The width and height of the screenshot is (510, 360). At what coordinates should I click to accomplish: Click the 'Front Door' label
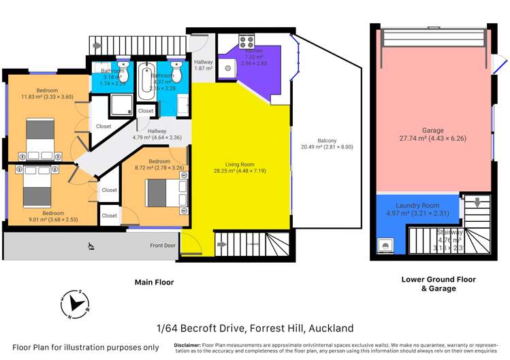(163, 246)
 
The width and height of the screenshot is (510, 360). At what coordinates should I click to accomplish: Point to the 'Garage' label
(432, 130)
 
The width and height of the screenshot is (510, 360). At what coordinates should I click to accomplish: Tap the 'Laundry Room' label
(417, 205)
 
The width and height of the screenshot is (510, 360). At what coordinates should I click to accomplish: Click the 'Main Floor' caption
(154, 282)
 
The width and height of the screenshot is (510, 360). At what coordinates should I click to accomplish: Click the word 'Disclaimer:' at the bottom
(188, 345)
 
